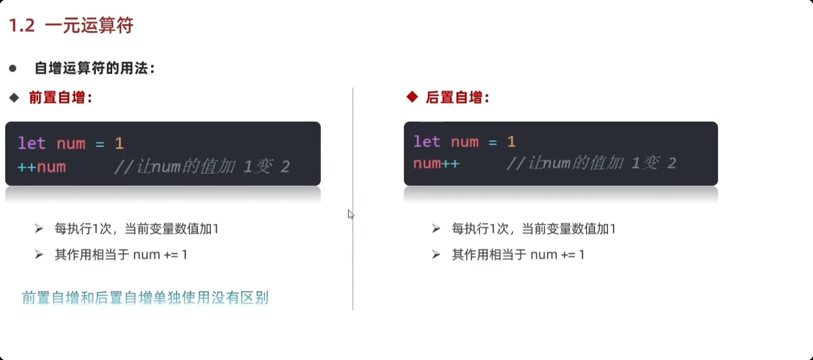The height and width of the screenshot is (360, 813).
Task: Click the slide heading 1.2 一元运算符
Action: [x=71, y=26]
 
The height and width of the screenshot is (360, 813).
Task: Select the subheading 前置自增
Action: [x=60, y=98]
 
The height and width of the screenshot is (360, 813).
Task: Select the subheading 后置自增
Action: [x=458, y=98]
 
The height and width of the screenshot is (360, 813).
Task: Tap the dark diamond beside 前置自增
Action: [x=14, y=98]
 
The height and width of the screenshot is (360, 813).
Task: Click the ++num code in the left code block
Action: [x=42, y=167]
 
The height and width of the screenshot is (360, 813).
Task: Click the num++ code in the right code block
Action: [x=436, y=164]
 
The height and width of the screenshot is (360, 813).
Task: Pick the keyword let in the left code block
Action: [x=32, y=144]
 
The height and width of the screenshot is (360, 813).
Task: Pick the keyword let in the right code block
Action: [x=427, y=142]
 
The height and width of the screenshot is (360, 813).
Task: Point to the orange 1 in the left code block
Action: [x=119, y=144]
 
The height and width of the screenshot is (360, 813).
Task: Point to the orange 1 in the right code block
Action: [x=511, y=142]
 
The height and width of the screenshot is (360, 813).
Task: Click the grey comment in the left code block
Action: [x=202, y=167]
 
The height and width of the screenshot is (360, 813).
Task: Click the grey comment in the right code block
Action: [x=591, y=164]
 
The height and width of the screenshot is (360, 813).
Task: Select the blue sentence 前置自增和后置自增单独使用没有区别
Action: [x=145, y=298]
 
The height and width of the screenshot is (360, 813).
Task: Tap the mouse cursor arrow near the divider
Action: [x=351, y=214]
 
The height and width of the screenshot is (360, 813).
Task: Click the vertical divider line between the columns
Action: [x=353, y=262]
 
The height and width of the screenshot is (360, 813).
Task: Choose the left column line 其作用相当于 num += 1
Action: [x=121, y=255]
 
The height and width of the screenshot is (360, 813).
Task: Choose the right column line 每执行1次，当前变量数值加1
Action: [x=533, y=229]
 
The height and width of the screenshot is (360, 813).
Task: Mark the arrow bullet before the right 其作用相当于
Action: [x=436, y=255]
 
